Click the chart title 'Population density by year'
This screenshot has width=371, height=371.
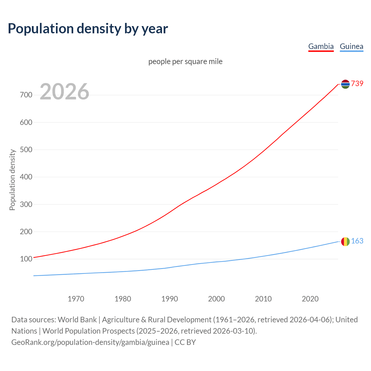[88, 28]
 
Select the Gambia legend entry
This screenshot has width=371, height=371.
[321, 46]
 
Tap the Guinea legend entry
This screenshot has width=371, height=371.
[351, 46]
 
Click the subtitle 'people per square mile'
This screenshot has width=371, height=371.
[185, 61]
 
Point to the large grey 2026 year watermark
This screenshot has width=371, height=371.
[64, 92]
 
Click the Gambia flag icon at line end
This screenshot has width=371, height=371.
[345, 84]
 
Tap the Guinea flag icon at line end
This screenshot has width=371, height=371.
[345, 241]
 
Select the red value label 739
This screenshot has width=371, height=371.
[357, 83]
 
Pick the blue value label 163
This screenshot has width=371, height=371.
[357, 241]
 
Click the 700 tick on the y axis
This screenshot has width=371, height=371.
[26, 95]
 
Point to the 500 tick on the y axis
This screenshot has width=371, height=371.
[26, 150]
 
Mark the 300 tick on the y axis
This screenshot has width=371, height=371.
[26, 204]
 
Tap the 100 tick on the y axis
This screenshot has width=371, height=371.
[26, 259]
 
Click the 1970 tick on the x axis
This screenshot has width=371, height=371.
[76, 299]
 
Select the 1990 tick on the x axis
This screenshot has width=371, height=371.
[170, 299]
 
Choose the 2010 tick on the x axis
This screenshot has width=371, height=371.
[263, 299]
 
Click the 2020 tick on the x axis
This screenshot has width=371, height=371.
[310, 299]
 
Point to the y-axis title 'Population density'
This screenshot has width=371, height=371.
[12, 180]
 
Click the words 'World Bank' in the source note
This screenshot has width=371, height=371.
[77, 320]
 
